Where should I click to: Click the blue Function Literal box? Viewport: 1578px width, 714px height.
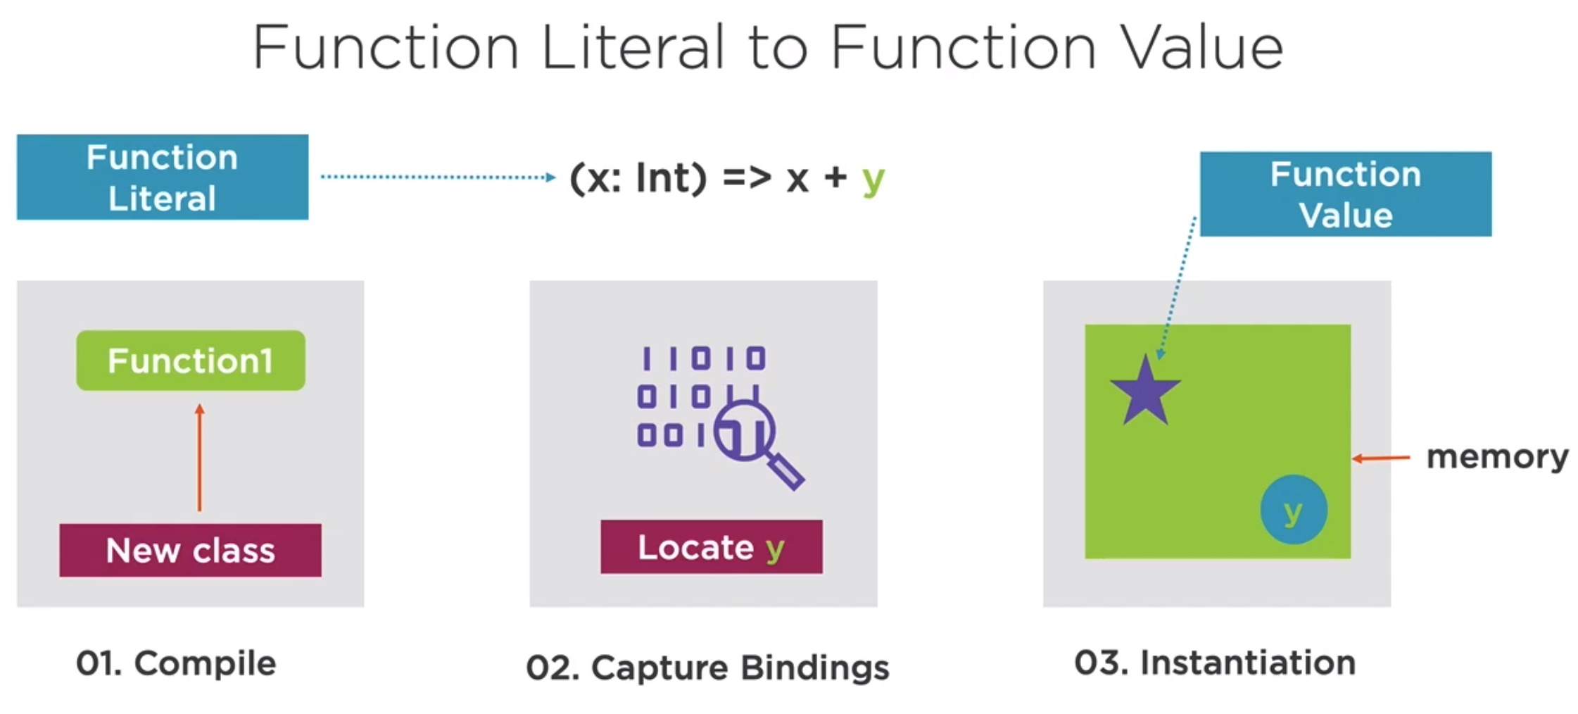pos(163,177)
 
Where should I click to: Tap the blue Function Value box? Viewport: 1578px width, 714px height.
pos(1345,194)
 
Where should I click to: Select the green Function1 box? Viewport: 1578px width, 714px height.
pos(191,361)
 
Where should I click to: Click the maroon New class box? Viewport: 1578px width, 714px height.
pos(190,550)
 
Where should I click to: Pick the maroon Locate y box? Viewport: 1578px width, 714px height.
pos(711,547)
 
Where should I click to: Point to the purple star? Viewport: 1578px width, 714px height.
pos(1145,392)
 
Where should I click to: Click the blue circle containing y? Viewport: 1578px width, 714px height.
pos(1294,510)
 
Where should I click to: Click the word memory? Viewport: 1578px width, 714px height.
pos(1497,458)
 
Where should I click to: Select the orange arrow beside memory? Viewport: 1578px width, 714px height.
pos(1381,458)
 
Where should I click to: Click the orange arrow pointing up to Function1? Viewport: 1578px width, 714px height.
pos(200,457)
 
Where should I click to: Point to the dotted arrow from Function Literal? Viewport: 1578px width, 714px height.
pos(438,177)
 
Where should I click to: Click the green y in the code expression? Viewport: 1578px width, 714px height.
pos(873,180)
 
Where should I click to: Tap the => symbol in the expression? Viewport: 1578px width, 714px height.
pos(747,177)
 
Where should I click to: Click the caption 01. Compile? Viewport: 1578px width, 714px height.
pos(176,663)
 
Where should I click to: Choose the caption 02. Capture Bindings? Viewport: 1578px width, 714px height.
pos(707,668)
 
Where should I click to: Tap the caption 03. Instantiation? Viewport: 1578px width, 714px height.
pos(1215,663)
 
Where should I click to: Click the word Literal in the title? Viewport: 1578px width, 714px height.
pos(632,48)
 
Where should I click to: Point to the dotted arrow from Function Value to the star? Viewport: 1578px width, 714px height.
pos(1177,289)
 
